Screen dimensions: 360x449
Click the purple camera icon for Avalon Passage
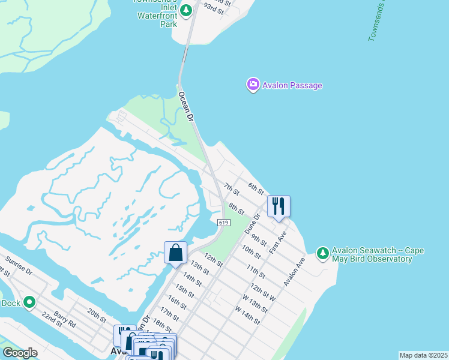253,85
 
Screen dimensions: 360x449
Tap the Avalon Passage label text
292,85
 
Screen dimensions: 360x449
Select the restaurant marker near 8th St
279,206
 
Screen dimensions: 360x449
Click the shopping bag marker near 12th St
175,253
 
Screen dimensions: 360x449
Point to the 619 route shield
224,223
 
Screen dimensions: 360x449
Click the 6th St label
256,188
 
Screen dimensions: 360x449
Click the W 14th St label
247,316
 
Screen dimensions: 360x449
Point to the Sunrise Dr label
17,265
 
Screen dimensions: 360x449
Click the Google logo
20,353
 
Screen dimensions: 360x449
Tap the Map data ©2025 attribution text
423,355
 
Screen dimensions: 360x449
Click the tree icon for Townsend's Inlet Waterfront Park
186,10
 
